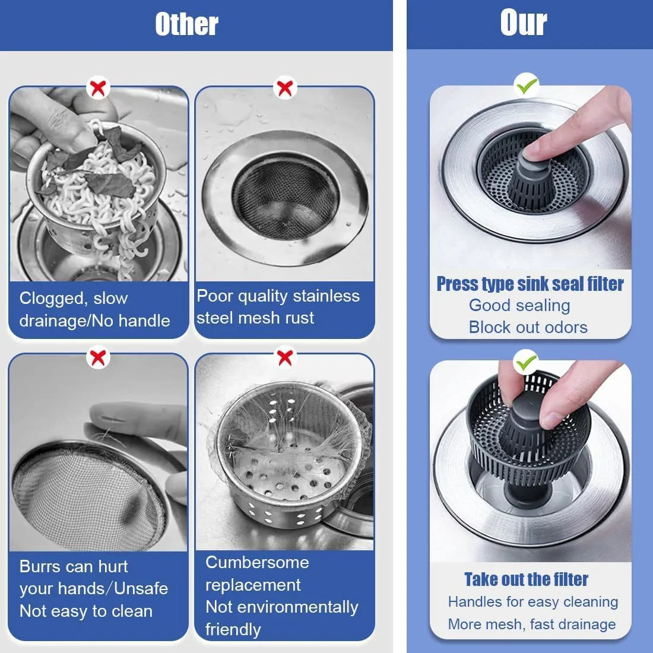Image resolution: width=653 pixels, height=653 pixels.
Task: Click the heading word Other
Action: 186,24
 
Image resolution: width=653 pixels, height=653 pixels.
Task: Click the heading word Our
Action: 523,23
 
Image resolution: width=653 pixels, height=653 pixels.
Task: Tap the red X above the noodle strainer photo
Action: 98,88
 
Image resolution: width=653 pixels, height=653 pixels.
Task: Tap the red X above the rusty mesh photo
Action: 285,88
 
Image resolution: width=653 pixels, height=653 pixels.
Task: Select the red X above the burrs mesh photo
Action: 98,357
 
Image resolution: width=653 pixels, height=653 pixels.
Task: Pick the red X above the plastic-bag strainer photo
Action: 285,357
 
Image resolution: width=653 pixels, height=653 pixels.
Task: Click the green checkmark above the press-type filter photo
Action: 527,86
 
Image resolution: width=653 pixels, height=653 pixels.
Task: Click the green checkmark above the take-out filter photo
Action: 526,362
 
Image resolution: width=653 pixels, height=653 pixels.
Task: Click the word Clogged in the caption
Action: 52,298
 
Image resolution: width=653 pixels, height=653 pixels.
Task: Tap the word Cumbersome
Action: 257,562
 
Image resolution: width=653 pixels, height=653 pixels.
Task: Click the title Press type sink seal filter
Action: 530,284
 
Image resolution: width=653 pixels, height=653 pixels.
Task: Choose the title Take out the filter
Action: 526,579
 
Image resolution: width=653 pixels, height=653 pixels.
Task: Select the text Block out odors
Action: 528,327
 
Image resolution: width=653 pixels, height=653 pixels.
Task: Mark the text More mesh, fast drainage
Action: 532,624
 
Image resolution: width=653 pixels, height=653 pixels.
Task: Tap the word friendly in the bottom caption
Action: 233,629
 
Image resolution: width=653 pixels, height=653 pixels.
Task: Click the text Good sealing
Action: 519,305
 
